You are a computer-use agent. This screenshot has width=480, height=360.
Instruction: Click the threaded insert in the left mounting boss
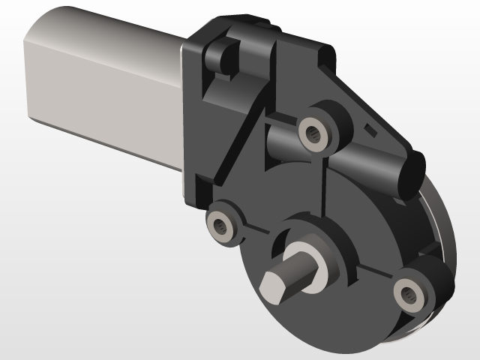220,224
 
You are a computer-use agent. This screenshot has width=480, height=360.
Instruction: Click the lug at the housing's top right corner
325,52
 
